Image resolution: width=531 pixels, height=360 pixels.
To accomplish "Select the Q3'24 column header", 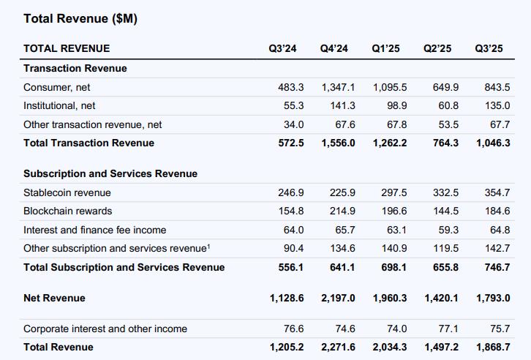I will point(282,48).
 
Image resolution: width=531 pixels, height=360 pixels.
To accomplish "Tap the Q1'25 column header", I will point(385,48).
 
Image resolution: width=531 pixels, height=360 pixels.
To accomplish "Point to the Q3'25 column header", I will point(489,48).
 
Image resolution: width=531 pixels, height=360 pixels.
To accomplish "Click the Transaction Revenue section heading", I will point(75,68).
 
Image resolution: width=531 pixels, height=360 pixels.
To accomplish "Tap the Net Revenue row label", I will point(54,298).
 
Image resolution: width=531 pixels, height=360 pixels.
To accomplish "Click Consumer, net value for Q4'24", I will point(338,87).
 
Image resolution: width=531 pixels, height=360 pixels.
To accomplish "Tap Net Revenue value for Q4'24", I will point(338,298).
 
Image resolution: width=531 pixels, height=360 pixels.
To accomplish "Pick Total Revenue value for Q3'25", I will point(492,347).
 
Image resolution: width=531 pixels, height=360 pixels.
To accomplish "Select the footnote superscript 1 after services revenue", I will point(208,246).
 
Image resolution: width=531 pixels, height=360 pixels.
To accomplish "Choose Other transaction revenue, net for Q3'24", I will point(293,124).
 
